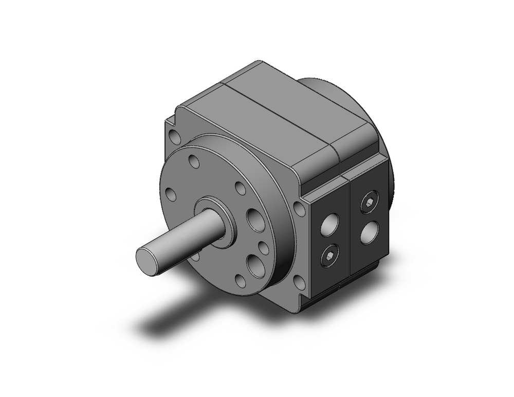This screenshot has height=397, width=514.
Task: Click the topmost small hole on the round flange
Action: (x=194, y=162)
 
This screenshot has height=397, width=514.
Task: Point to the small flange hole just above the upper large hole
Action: (x=240, y=188)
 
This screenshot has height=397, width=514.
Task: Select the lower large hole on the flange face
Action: (x=254, y=266)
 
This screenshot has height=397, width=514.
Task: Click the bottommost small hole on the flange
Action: (x=240, y=280)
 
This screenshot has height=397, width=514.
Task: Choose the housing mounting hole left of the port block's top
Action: (x=298, y=209)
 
